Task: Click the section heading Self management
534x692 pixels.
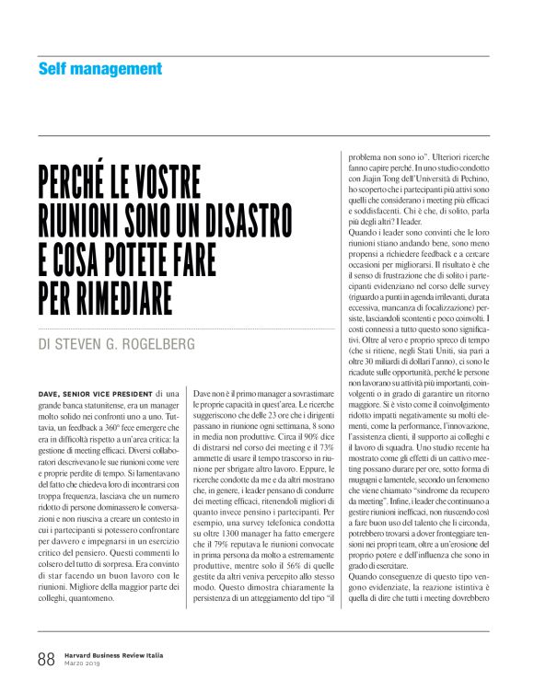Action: point(100,69)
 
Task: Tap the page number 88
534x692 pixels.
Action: point(46,659)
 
